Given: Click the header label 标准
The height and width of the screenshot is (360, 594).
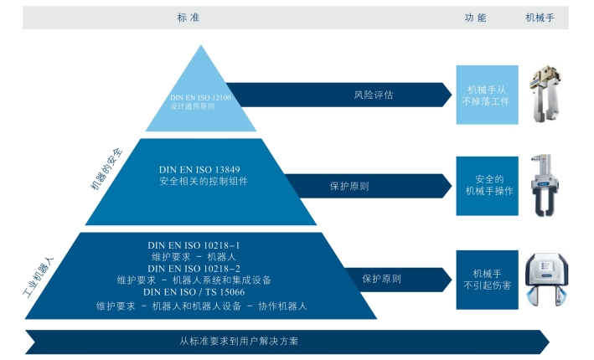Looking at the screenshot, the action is [189, 18].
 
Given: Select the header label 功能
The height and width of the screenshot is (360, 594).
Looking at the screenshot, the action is [475, 18].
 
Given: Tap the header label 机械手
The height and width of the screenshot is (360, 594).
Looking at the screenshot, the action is [540, 18].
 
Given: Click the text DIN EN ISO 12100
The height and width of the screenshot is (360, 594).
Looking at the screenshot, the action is [200, 98].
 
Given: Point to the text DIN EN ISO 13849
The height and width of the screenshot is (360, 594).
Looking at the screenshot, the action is [199, 170].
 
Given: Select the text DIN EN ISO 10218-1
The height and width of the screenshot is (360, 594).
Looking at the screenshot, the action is [194, 245].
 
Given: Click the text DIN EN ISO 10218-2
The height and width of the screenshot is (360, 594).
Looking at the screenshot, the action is [194, 269].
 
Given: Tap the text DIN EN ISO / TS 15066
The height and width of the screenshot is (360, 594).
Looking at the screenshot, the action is [194, 292].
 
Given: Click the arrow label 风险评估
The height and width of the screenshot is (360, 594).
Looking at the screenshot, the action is [374, 95].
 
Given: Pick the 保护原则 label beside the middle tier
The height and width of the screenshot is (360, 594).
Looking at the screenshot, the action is [349, 186].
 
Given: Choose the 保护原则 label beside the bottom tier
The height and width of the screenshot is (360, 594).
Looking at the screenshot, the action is [381, 279].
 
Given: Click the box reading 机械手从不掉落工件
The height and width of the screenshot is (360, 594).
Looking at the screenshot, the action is [487, 95].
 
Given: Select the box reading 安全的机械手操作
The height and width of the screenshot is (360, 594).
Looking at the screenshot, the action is [487, 186].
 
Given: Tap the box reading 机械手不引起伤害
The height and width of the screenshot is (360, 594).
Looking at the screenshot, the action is [487, 280].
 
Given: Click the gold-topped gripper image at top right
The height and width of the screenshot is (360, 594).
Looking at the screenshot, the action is [545, 95].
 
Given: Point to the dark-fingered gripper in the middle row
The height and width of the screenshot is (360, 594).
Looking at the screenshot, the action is [545, 186].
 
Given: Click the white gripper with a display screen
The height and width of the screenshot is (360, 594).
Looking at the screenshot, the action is [546, 280].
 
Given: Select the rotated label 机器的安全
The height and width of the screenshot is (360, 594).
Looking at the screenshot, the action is [107, 169].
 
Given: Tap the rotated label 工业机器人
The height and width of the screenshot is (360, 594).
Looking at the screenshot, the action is [39, 277].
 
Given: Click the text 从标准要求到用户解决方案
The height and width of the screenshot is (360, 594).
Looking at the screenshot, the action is [239, 341].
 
